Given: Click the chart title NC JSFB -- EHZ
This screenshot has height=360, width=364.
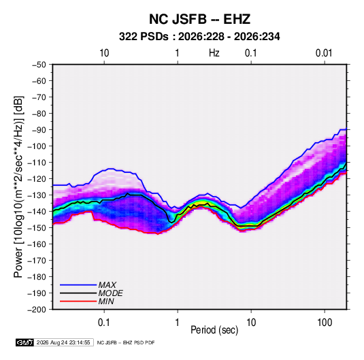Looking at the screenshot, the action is [x=199, y=19].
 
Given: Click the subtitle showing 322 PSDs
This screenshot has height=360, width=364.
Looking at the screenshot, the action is [x=199, y=37].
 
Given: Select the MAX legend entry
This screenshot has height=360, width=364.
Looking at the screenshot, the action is [x=88, y=284].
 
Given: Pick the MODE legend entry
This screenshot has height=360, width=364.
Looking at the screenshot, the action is [x=91, y=293].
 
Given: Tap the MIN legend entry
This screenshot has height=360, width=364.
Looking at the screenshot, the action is [x=87, y=301].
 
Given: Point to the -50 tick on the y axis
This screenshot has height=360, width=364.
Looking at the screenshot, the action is [x=39, y=65].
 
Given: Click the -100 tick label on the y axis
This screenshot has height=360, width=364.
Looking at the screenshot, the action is [x=37, y=146].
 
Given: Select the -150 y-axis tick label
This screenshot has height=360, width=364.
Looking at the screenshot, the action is [x=37, y=228].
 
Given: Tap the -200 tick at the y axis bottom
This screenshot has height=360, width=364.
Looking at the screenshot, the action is [x=37, y=310].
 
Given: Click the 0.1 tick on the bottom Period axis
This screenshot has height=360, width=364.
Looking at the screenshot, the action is [x=104, y=323].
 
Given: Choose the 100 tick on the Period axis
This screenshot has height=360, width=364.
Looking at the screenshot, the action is [x=325, y=323].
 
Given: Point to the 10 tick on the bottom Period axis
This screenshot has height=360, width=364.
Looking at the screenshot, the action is [x=251, y=323].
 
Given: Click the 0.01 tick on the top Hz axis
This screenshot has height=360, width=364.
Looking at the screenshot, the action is [x=324, y=53].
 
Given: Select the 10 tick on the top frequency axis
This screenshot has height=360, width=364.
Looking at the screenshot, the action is [x=104, y=53].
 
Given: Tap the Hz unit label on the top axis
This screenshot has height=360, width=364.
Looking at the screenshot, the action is [x=214, y=53].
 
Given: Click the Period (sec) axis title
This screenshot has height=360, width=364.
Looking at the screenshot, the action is [x=214, y=330].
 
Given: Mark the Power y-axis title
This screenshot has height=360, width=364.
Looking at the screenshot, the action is [x=18, y=187].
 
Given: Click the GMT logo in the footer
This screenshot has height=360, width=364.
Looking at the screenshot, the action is [x=24, y=342].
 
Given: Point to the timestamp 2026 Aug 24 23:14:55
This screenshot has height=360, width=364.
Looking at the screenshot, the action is [x=63, y=342].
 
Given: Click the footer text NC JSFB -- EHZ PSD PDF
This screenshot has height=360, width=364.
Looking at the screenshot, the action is [x=126, y=342].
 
